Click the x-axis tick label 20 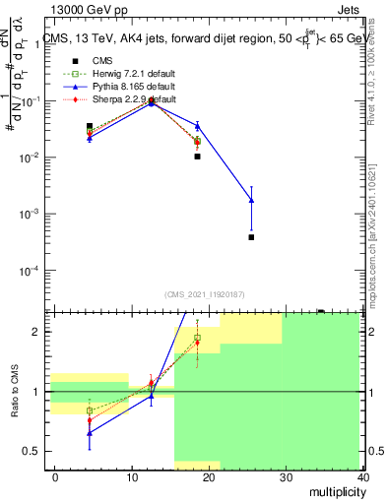click(x=210, y=475)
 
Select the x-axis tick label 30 click(x=287, y=475)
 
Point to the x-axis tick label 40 click(x=362, y=475)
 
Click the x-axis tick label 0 click(x=56, y=475)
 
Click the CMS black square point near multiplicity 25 click(x=251, y=237)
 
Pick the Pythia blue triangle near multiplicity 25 click(x=251, y=200)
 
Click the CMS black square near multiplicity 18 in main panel click(x=197, y=157)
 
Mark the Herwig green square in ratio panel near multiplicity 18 click(x=197, y=338)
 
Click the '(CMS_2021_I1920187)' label click(x=204, y=294)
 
